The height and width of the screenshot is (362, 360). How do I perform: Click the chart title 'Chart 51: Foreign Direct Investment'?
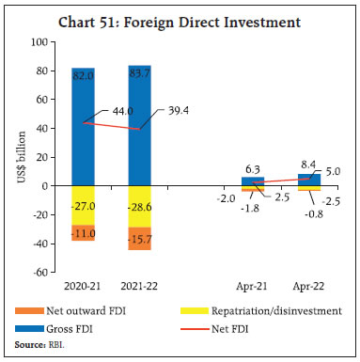[x=180, y=15]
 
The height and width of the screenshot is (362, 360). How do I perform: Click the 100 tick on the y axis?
[x=39, y=41]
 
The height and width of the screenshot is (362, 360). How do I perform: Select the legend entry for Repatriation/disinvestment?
[x=273, y=310]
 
